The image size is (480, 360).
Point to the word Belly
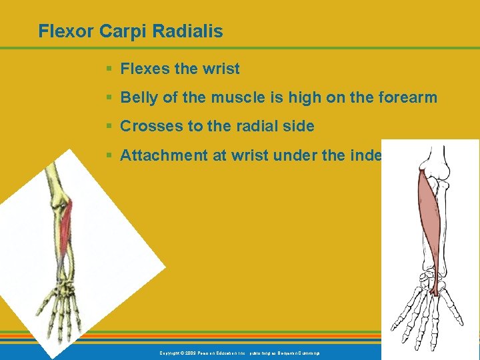[139, 98]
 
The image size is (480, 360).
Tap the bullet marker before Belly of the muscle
[109, 98]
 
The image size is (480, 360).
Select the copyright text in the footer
[239, 352]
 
